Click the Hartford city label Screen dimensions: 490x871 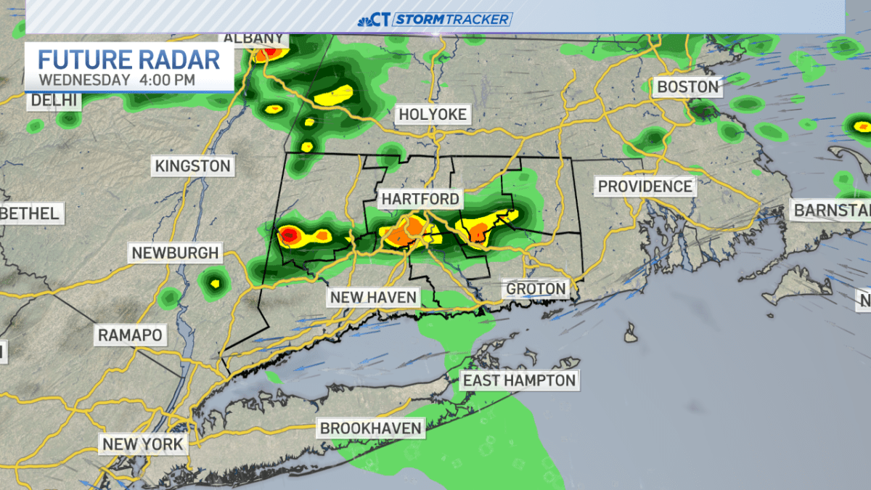pos(420,199)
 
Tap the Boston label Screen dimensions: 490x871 pos(687,87)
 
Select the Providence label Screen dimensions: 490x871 pos(645,187)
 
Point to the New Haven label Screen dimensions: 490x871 pos(373,297)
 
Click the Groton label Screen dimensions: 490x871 pos(536,289)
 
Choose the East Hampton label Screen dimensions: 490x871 pos(519,380)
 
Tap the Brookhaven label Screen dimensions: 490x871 pos(371,428)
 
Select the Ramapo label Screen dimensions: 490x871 pos(130,335)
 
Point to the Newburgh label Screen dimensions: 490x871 pos(174,253)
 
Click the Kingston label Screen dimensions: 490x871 pos(192,166)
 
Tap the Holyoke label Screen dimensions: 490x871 pos(432,115)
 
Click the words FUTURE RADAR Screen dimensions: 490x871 pos(128,59)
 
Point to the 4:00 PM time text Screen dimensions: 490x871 pos(166,79)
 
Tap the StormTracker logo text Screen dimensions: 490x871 pos(451,20)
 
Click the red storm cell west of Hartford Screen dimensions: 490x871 pos(289,234)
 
